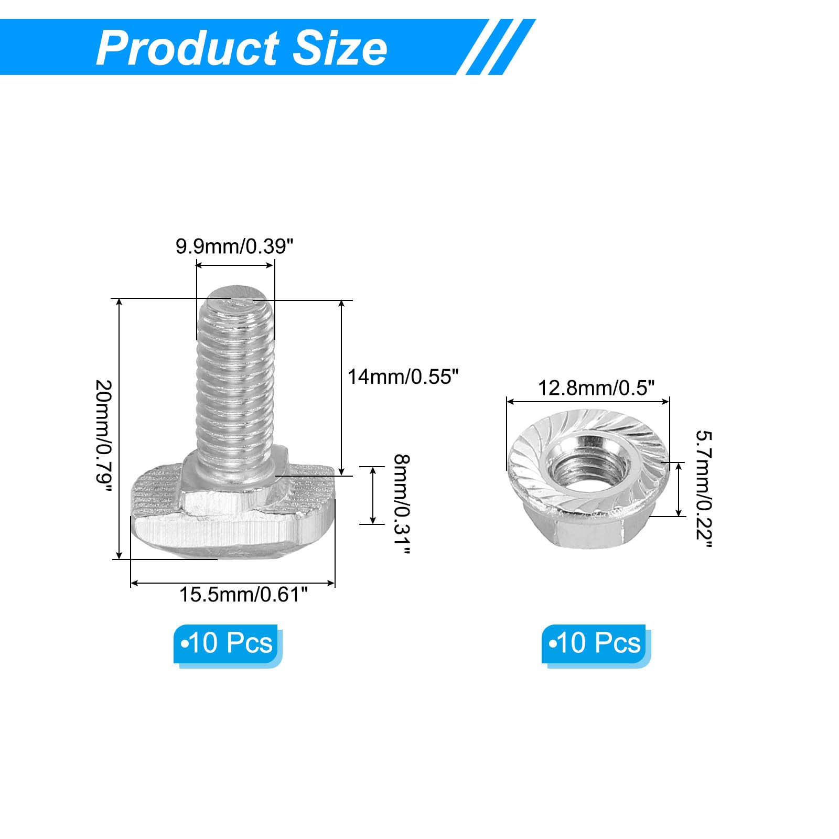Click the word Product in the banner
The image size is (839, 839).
point(187,48)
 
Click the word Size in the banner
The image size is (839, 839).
point(340,48)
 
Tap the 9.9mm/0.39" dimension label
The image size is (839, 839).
point(234,246)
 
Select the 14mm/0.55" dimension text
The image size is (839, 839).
point(403,377)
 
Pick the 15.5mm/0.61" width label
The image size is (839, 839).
point(243,594)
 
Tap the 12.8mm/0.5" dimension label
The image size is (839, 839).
point(596,388)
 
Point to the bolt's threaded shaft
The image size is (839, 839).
point(236,388)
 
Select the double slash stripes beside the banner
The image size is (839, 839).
point(498,47)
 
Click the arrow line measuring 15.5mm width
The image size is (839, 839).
point(232,583)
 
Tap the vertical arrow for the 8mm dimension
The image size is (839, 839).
point(373,495)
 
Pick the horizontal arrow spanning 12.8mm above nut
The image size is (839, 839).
point(587,402)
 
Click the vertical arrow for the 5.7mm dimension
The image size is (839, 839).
point(679,489)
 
